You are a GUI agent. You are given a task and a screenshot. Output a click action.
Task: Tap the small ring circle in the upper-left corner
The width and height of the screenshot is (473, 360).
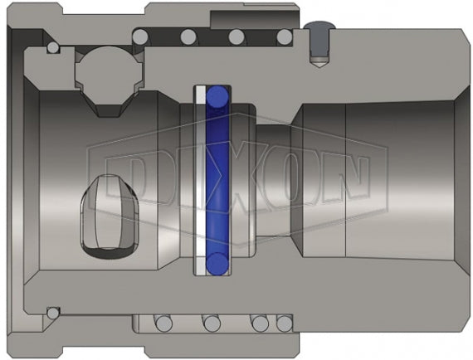click(x=54, y=49)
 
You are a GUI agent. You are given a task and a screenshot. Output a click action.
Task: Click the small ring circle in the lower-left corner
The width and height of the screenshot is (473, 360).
click(x=54, y=313)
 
